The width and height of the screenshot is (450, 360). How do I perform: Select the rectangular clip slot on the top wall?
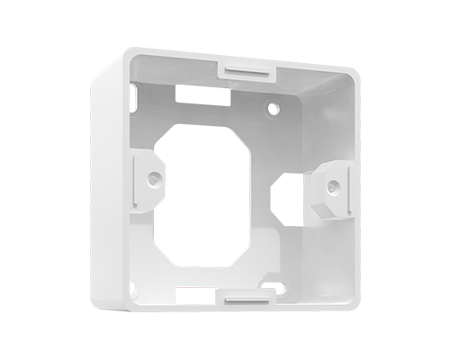245,67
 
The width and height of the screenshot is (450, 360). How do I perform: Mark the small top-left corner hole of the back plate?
133,91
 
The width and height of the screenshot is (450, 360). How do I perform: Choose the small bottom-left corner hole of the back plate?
133,287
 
